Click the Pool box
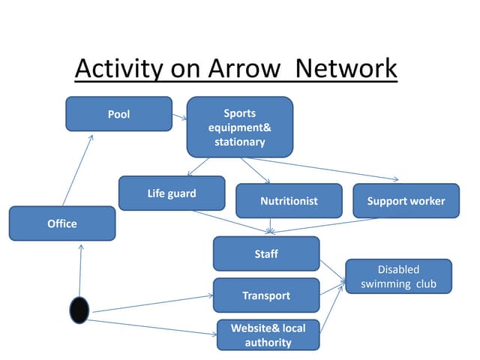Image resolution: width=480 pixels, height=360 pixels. coord(118,114)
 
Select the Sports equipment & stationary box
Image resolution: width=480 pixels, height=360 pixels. coord(239,127)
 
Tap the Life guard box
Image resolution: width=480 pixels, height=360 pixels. coord(171,193)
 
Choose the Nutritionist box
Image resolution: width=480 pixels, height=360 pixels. coord(289,201)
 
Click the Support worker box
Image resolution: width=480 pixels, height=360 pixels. coord(405,201)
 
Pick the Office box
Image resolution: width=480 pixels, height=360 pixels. coord(62,223)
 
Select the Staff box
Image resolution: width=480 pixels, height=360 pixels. coord(265,253)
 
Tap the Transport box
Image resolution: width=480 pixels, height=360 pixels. coord(265,295)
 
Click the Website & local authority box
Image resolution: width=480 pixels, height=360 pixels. coord(268,335)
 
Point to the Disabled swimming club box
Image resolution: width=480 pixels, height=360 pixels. coord(398,276)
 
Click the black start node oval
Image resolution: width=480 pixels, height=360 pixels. coord(79,310)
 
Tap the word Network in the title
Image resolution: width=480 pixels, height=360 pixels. coord(346,69)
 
